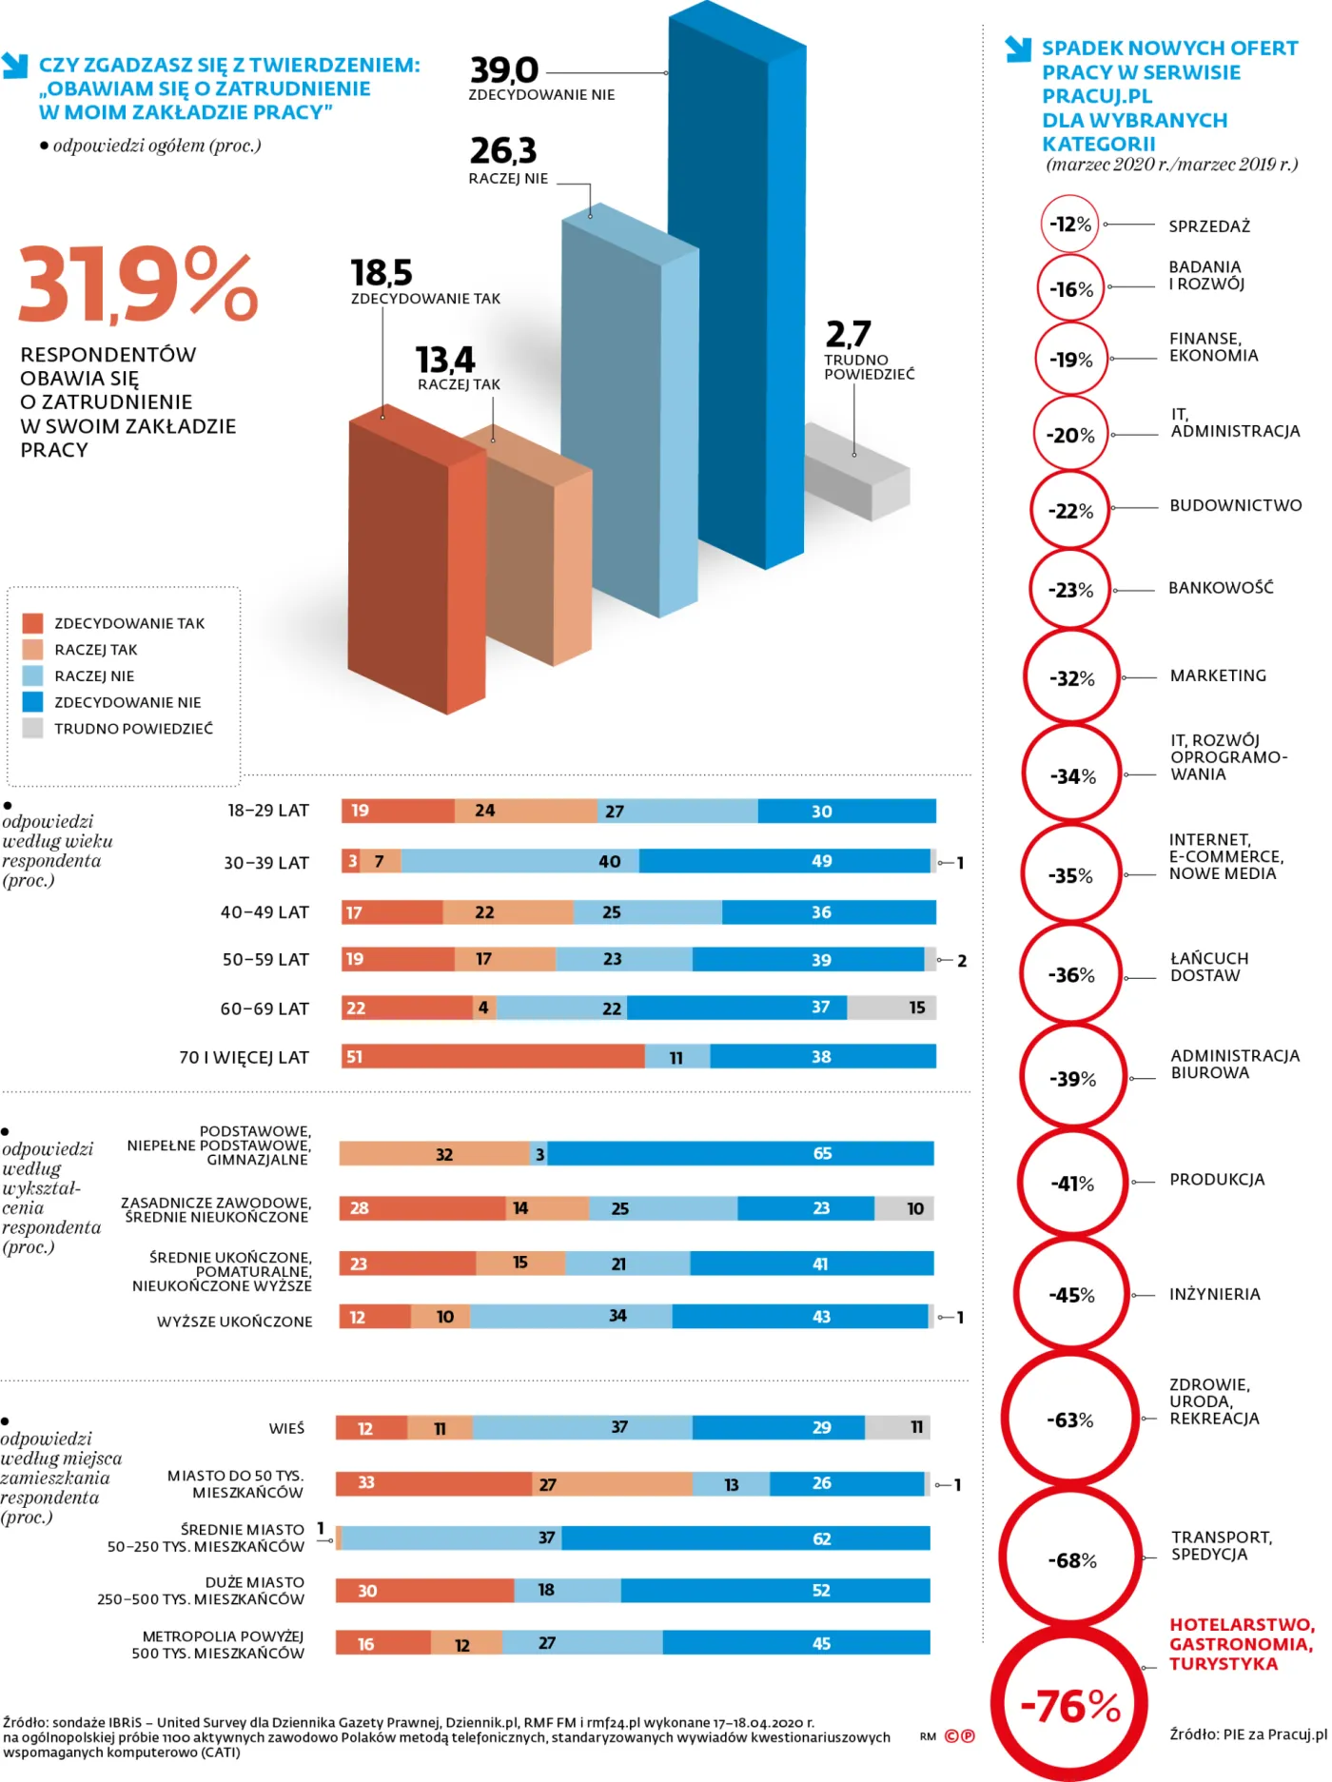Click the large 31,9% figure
pyautogui.click(x=138, y=285)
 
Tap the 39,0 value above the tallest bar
pyautogui.click(x=504, y=70)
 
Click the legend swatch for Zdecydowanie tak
pyautogui.click(x=33, y=623)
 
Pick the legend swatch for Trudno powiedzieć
pyautogui.click(x=33, y=729)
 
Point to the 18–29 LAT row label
pyautogui.click(x=268, y=811)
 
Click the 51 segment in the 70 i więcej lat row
pyautogui.click(x=493, y=1056)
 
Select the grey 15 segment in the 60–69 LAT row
pyautogui.click(x=891, y=1008)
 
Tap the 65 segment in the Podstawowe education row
pyautogui.click(x=740, y=1154)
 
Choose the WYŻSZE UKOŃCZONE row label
pyautogui.click(x=234, y=1322)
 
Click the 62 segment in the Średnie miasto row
pyautogui.click(x=746, y=1538)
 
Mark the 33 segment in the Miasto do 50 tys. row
pyautogui.click(x=434, y=1483)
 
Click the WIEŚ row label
pyautogui.click(x=286, y=1428)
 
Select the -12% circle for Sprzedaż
pyautogui.click(x=1069, y=225)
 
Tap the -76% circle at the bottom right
pyautogui.click(x=1069, y=1705)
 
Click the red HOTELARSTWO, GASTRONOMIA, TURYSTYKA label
pyautogui.click(x=1242, y=1644)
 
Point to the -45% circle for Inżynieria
pyautogui.click(x=1071, y=1295)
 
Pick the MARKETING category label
pyautogui.click(x=1218, y=676)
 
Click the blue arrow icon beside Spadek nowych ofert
pyautogui.click(x=1018, y=49)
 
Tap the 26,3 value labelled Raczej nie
pyautogui.click(x=503, y=150)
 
